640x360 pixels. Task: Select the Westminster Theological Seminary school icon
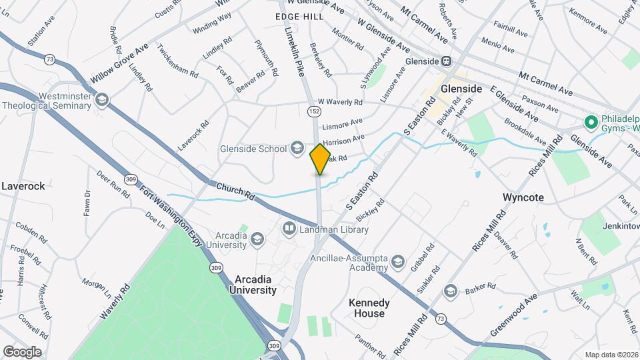point(101,100)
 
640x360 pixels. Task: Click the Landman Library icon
point(289,229)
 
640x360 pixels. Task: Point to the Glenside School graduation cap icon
point(297,149)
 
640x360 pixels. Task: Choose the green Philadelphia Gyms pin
point(590,122)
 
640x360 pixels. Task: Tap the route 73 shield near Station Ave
point(49,59)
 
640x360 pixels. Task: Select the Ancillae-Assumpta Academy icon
point(398,259)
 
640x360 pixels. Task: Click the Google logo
point(21,351)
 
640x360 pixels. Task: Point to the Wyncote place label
point(523,197)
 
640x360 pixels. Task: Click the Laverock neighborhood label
point(23,186)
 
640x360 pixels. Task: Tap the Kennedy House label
point(369,308)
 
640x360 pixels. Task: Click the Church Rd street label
point(235,191)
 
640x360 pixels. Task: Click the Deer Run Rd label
point(113,183)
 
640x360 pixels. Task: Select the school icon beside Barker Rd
point(451,291)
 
